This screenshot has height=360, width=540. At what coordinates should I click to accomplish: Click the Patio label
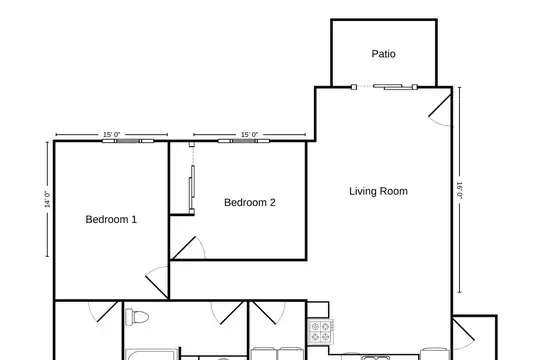click(x=383, y=54)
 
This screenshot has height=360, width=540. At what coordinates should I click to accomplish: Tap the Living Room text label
click(x=378, y=191)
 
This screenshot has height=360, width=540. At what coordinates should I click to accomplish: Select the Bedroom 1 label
click(x=111, y=219)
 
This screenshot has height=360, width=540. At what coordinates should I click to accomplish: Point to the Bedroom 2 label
click(x=250, y=203)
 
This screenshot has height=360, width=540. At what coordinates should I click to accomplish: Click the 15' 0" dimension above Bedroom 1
click(x=112, y=134)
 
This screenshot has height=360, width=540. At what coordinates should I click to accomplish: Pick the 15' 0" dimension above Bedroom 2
click(x=249, y=134)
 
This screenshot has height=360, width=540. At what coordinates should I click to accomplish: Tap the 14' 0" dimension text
click(x=48, y=199)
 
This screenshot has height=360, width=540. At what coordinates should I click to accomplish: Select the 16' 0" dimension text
click(x=459, y=191)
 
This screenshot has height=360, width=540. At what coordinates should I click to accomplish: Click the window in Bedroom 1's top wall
click(x=128, y=141)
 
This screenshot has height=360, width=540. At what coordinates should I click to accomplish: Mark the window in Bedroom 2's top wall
click(x=244, y=141)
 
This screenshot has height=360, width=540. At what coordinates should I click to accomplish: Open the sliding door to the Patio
click(x=384, y=87)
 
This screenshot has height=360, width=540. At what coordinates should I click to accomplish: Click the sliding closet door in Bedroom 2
click(x=192, y=178)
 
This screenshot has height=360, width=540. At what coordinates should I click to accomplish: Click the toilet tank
click(x=129, y=317)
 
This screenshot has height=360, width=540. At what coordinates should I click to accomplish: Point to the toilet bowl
click(x=141, y=317)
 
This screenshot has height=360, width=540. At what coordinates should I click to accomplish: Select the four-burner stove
click(x=321, y=331)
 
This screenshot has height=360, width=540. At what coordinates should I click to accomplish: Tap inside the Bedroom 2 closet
click(x=180, y=178)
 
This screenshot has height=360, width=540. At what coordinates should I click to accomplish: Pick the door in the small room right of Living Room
click(x=463, y=331)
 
